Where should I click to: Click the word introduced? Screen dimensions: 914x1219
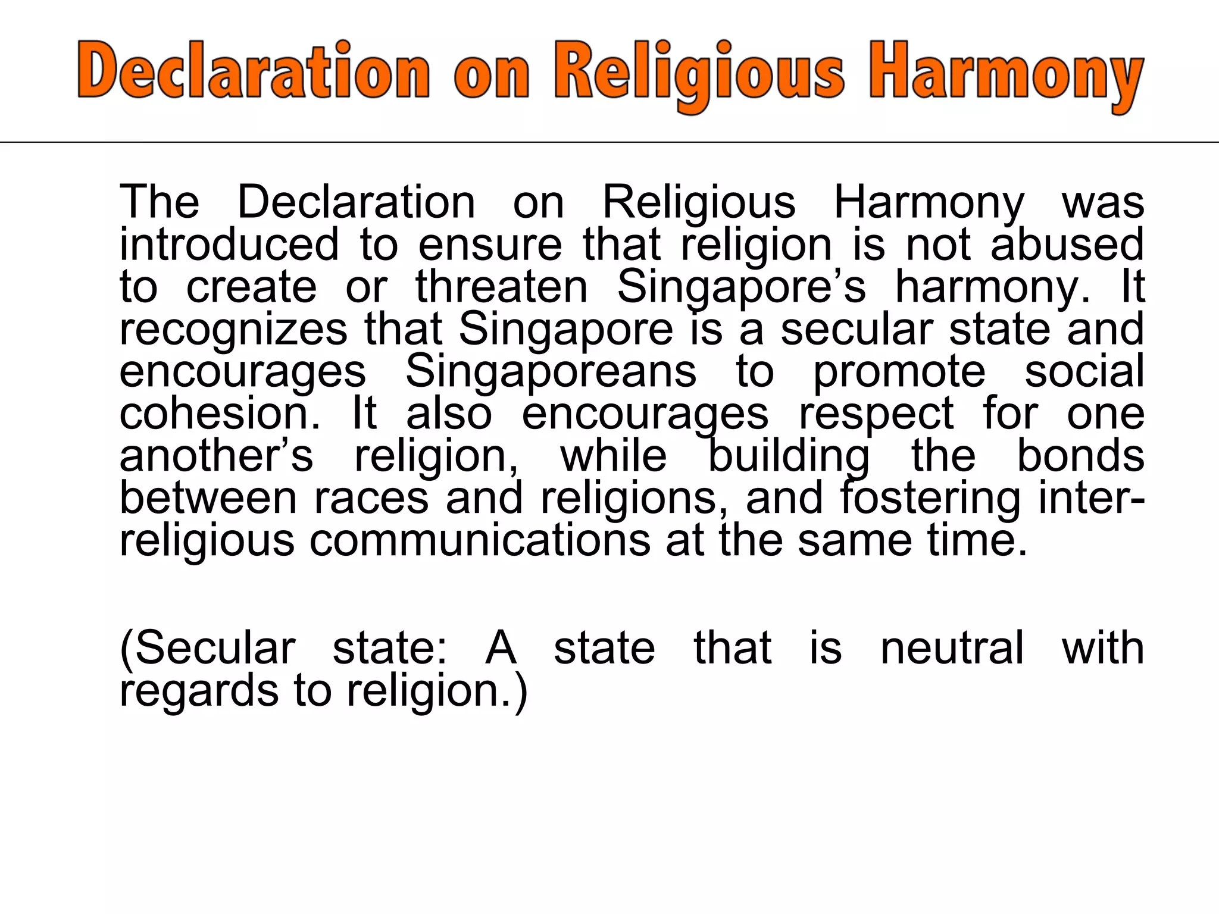[229, 245]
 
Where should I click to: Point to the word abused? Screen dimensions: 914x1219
[1067, 245]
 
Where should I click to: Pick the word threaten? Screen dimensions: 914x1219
[501, 287]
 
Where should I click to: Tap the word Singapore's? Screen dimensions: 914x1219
[741, 287]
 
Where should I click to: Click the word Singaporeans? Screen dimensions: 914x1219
[551, 371]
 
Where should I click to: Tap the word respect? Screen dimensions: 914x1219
[876, 414]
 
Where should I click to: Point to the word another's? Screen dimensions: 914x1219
[215, 456]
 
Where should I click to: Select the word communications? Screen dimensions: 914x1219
[480, 540]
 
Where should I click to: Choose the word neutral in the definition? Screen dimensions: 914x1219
[952, 647]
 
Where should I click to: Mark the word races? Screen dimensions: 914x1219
[371, 498]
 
